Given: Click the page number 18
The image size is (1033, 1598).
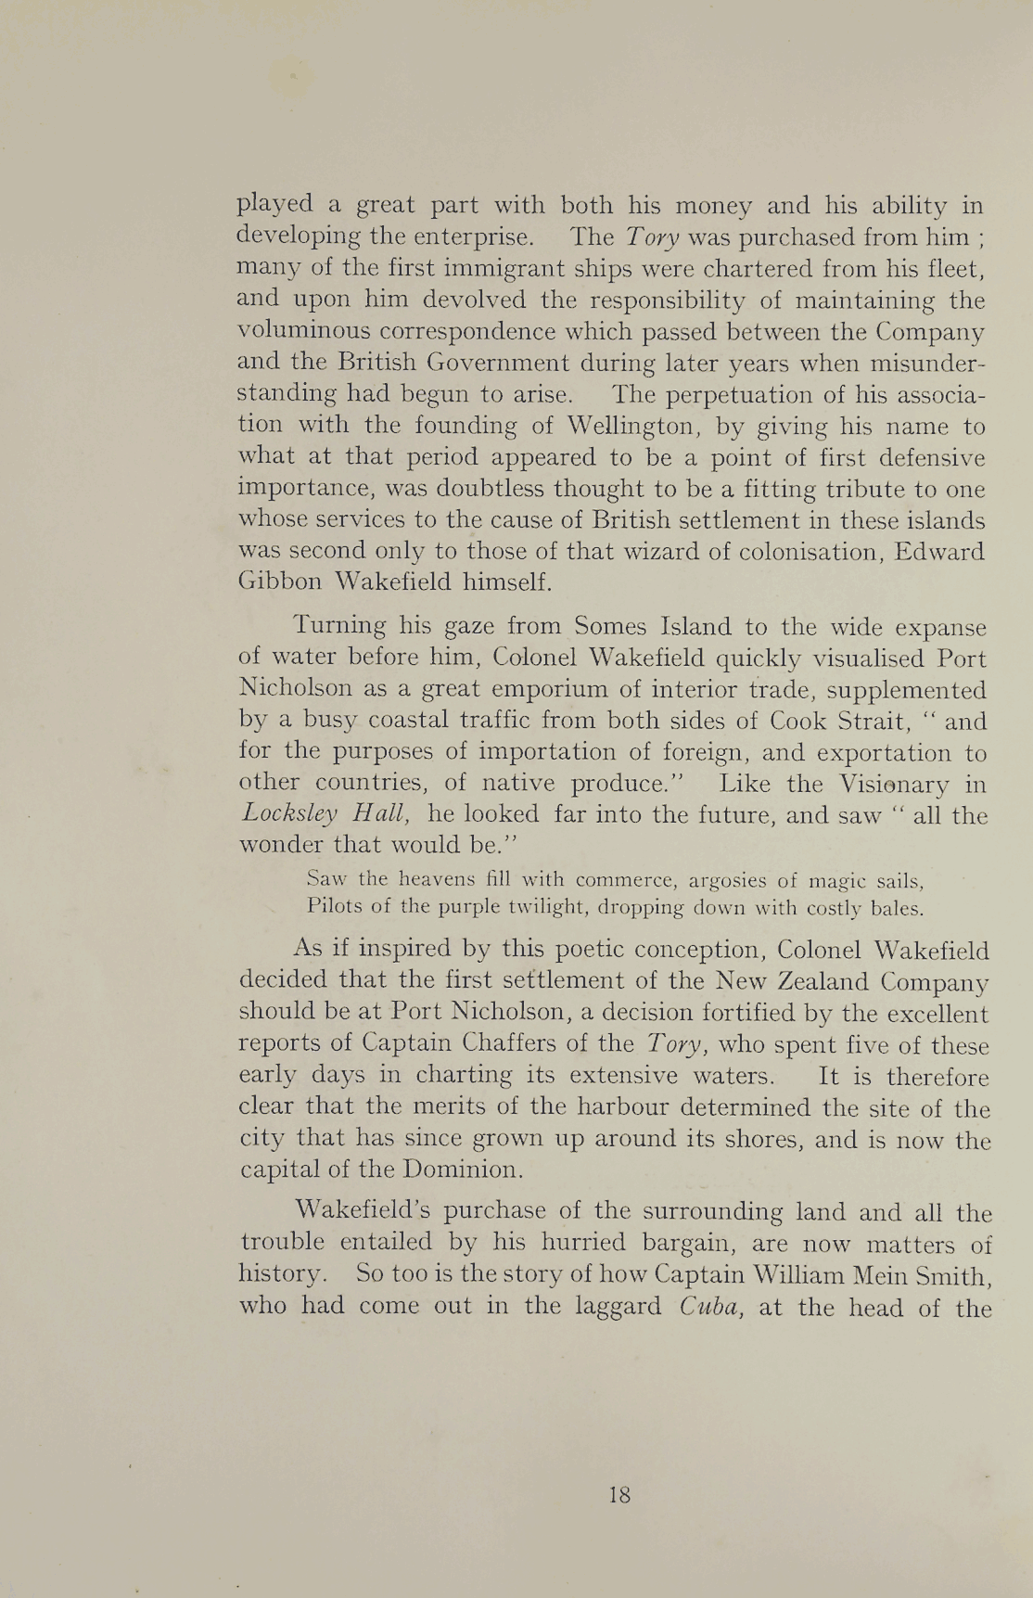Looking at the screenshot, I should tap(620, 1494).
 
